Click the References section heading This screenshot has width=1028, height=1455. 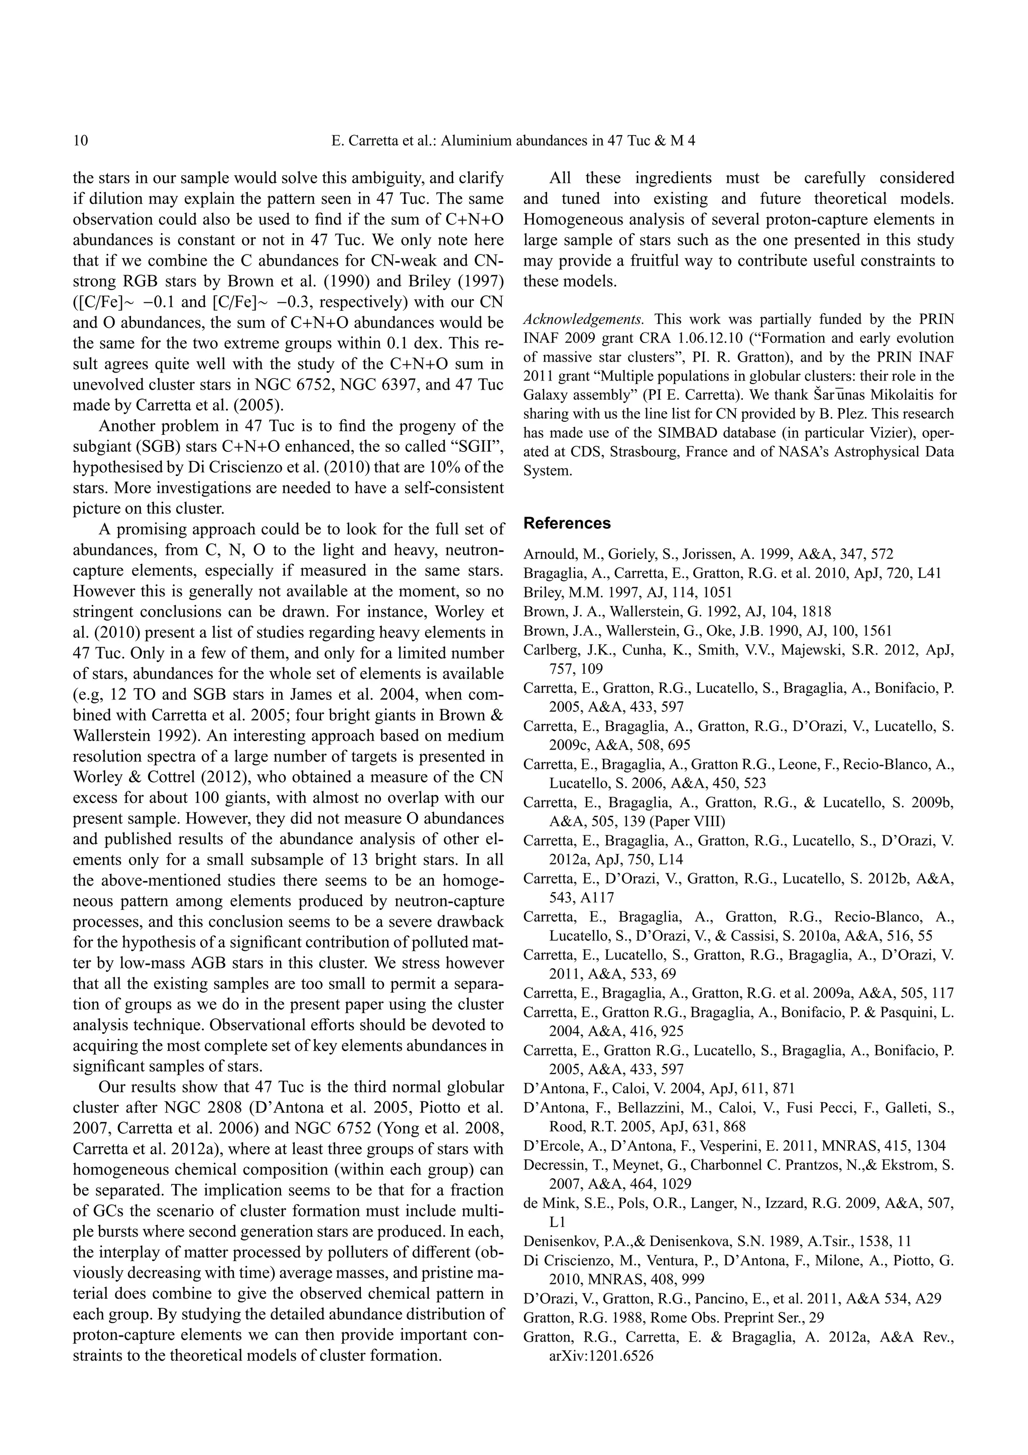[567, 523]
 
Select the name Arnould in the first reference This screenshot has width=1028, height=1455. [547, 554]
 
